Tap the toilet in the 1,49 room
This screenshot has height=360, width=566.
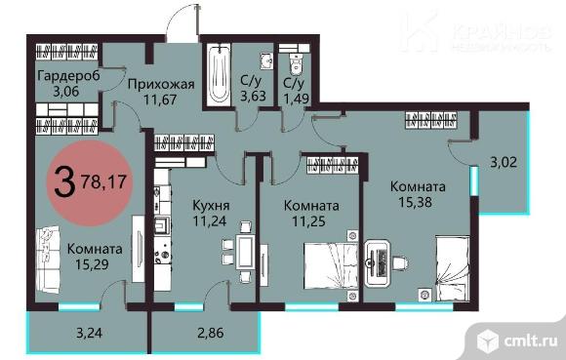(x=296, y=63)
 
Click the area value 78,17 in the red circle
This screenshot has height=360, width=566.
(x=103, y=181)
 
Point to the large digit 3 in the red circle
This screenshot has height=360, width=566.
(x=64, y=182)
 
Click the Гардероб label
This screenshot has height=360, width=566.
(x=68, y=76)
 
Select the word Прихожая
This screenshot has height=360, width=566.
(x=161, y=85)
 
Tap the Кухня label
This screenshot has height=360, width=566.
(x=211, y=206)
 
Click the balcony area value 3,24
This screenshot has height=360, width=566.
(x=89, y=333)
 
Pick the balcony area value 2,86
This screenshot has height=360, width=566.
(x=211, y=333)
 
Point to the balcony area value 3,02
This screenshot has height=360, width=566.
(x=504, y=162)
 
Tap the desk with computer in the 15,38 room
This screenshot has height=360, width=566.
(x=378, y=263)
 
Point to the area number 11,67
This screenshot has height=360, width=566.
(x=160, y=99)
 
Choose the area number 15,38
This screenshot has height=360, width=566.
(x=415, y=202)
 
